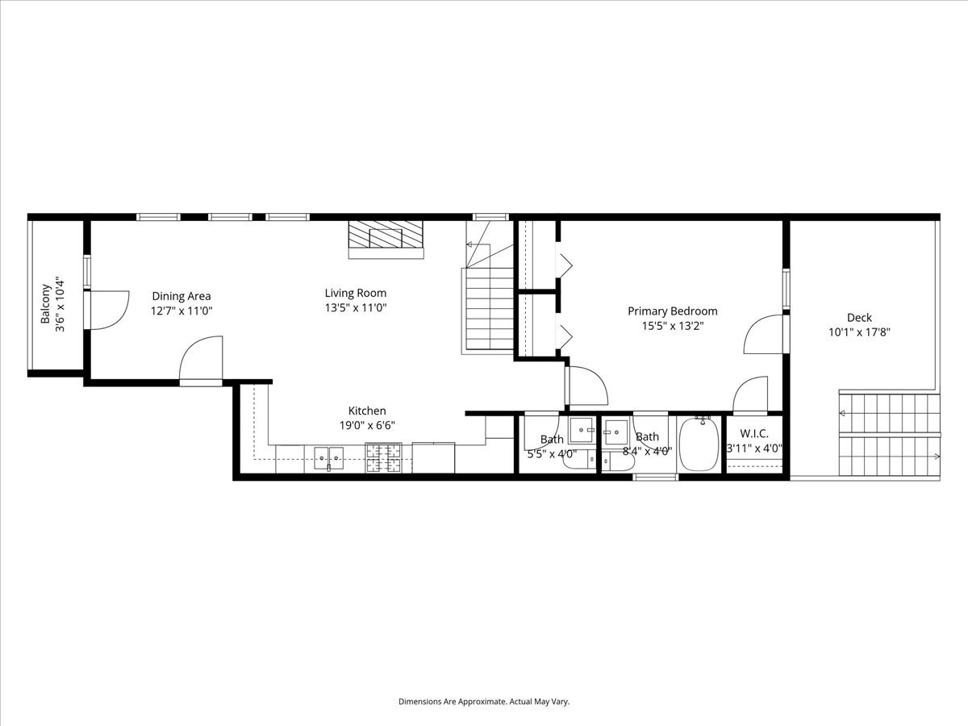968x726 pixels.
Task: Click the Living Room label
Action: (356, 293)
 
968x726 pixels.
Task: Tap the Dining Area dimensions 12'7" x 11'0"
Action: (181, 311)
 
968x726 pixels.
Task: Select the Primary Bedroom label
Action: (673, 311)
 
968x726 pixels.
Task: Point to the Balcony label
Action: (45, 303)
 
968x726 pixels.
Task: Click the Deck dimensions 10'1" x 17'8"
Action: (860, 332)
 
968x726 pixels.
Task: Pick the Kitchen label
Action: (367, 411)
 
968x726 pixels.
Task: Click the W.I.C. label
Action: (754, 434)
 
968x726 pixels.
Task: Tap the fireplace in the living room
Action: (386, 240)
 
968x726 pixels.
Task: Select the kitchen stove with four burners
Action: (383, 458)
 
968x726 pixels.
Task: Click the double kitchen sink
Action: (328, 458)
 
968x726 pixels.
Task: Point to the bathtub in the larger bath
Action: (699, 444)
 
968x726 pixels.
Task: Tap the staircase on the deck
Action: (890, 435)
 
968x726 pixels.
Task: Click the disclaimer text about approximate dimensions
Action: (484, 701)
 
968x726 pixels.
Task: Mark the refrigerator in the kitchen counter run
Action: (433, 458)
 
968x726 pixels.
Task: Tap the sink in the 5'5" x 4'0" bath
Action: (582, 430)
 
